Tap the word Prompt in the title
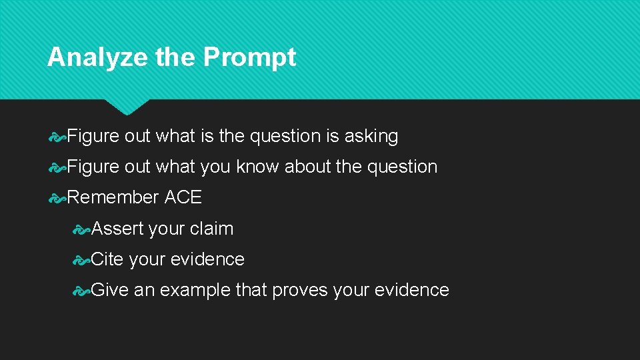pyautogui.click(x=249, y=58)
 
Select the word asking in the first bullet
pyautogui.click(x=371, y=137)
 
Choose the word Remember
pyautogui.click(x=113, y=197)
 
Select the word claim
pyautogui.click(x=211, y=229)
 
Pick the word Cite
pyautogui.click(x=107, y=259)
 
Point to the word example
pyautogui.click(x=195, y=291)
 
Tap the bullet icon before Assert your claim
pyautogui.click(x=81, y=229)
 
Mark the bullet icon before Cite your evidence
pyautogui.click(x=81, y=260)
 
